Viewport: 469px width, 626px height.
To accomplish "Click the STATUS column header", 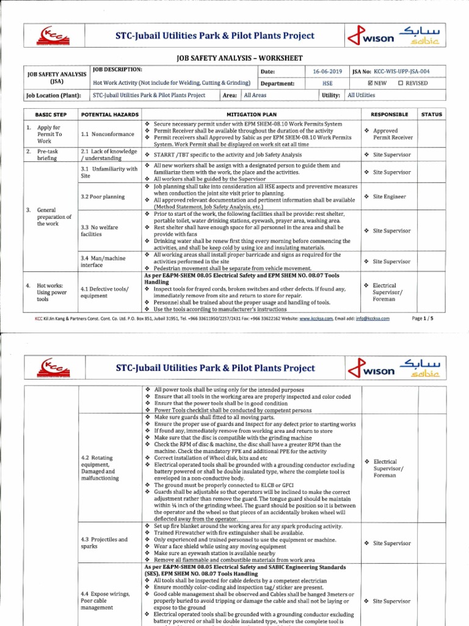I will [x=432, y=114].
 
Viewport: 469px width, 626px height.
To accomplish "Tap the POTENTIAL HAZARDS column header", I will [x=110, y=114].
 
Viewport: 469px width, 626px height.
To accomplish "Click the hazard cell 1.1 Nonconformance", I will [x=106, y=134].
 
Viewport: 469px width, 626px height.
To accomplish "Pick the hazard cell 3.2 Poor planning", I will [x=103, y=197].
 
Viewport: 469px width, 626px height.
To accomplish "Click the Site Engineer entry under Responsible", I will [x=388, y=196].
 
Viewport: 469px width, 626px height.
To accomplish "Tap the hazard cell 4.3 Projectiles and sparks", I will [x=104, y=543].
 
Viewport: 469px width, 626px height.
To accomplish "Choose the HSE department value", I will [x=327, y=83].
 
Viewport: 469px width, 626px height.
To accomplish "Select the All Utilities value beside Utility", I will [x=362, y=95].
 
